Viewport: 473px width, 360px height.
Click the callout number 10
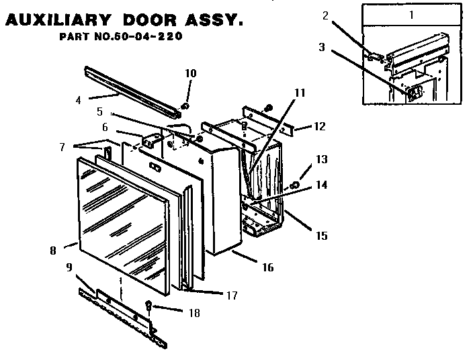pyautogui.click(x=191, y=73)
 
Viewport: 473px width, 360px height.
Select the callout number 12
pyautogui.click(x=319, y=126)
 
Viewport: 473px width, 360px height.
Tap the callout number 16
pyautogui.click(x=267, y=267)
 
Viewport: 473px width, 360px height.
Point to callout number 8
pyautogui.click(x=53, y=251)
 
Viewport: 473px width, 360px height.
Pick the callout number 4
pyautogui.click(x=79, y=101)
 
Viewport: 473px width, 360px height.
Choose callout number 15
pyautogui.click(x=322, y=235)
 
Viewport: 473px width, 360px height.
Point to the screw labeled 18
pyautogui.click(x=149, y=309)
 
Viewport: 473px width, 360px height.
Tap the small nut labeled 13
pyautogui.click(x=294, y=185)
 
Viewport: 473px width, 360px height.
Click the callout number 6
pyautogui.click(x=104, y=127)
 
